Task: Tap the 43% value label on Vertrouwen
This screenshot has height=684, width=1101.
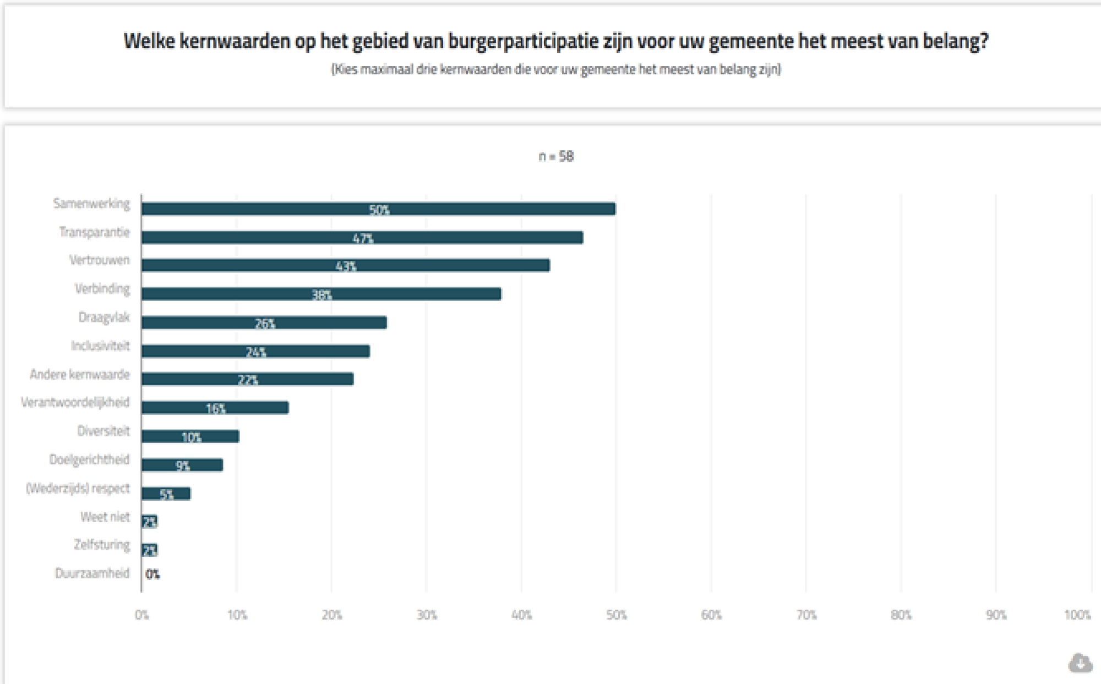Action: pos(346,266)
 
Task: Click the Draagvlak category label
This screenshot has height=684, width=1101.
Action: pos(104,318)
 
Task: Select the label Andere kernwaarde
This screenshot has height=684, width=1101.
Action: pos(80,375)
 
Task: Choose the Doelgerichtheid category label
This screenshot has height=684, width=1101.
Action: pos(89,459)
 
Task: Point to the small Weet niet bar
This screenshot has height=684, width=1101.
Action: pos(149,522)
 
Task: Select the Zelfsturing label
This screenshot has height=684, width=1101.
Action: pos(102,545)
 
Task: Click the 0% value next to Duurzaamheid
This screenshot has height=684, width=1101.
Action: pos(152,574)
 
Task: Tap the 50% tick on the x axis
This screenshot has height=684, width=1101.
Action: pos(617,615)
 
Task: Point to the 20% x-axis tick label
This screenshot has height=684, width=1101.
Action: pos(331,615)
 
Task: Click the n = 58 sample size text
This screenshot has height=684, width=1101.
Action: pos(556,157)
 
